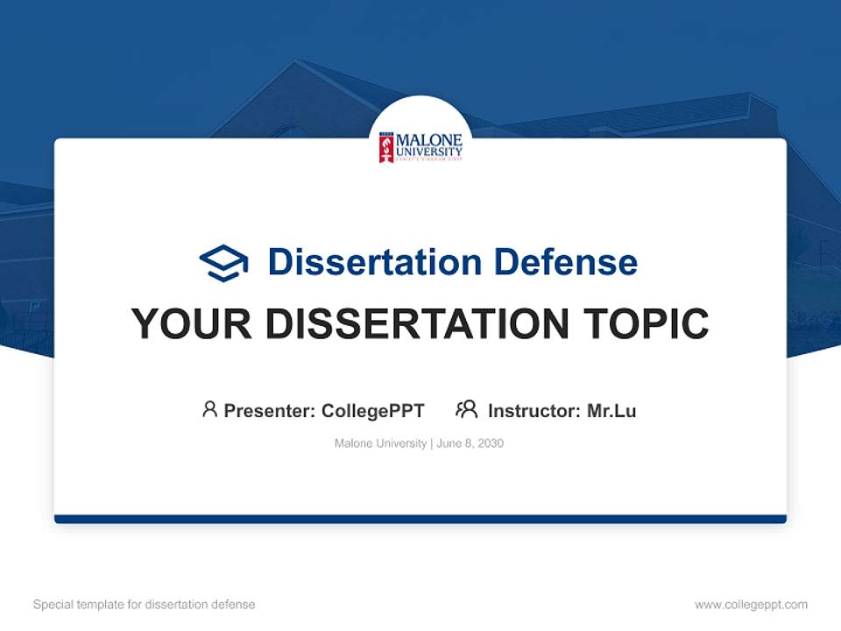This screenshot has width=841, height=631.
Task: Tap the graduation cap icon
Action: pyautogui.click(x=223, y=263)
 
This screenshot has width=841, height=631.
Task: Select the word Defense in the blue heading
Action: pyautogui.click(x=565, y=262)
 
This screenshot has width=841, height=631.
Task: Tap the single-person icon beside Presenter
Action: pyautogui.click(x=209, y=409)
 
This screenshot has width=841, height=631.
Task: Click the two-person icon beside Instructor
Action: pyautogui.click(x=467, y=409)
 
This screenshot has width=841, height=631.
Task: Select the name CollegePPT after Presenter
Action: pyautogui.click(x=372, y=410)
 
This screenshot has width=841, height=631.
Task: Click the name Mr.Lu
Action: pyautogui.click(x=611, y=410)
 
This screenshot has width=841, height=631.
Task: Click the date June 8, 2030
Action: pyautogui.click(x=470, y=443)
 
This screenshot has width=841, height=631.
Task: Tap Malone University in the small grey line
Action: pyautogui.click(x=380, y=443)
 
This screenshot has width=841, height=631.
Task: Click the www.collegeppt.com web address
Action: pyautogui.click(x=751, y=605)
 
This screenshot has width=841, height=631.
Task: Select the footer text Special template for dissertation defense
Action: pyautogui.click(x=145, y=605)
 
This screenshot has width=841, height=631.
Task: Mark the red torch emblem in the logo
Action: pyautogui.click(x=385, y=147)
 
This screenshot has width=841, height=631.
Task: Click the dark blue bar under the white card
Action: pyautogui.click(x=420, y=519)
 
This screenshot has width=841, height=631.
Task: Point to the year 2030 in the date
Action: pyautogui.click(x=491, y=443)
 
